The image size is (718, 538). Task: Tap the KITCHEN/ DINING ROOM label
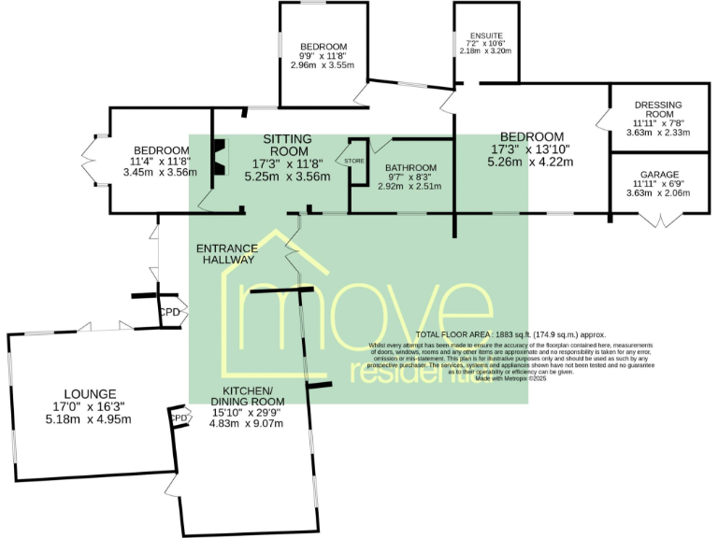tap(252, 396)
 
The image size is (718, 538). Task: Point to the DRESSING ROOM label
tap(658, 110)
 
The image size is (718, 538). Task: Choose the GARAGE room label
tap(659, 175)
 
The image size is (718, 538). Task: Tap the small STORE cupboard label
tap(354, 162)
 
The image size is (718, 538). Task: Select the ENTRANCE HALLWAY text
tap(226, 254)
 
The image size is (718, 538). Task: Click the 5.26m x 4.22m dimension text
tap(530, 162)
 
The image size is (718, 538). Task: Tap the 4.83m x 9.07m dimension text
tap(252, 422)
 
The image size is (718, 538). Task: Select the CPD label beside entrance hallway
tap(169, 312)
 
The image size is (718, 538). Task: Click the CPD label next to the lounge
tap(177, 419)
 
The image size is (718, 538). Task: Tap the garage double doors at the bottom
tap(659, 220)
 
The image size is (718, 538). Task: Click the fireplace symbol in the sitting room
tap(219, 157)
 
